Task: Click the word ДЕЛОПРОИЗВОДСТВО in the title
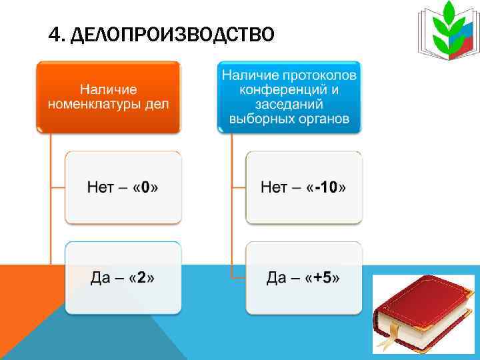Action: tap(171, 33)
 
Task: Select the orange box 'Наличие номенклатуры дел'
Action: tap(109, 96)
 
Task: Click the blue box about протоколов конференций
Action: tap(289, 96)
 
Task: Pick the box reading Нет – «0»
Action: tap(123, 187)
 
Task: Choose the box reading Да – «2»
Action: tap(123, 277)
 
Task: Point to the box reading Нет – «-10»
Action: tap(303, 187)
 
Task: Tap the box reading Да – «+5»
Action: tap(303, 277)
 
